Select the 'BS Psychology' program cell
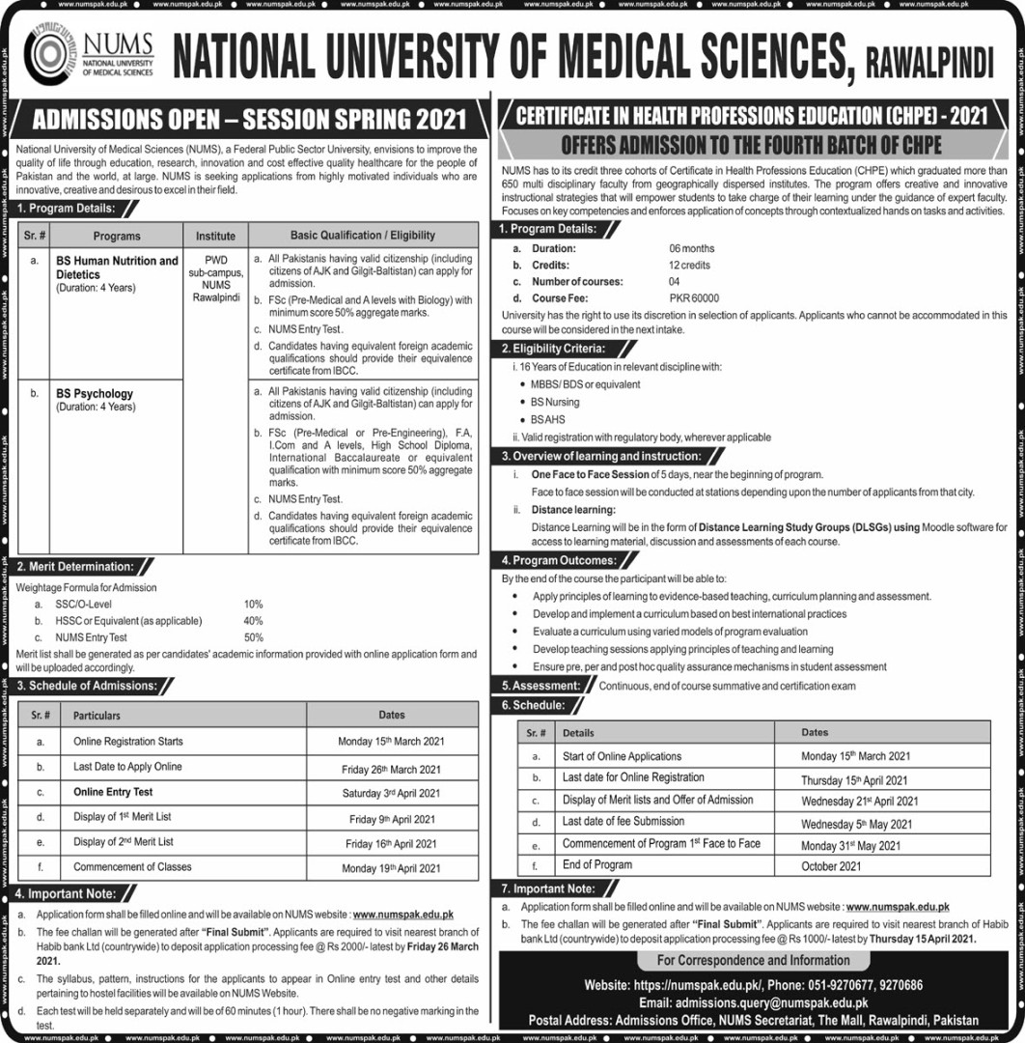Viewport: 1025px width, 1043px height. [95, 394]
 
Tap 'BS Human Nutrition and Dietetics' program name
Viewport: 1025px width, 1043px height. [116, 267]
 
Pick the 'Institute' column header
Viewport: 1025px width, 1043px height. [215, 235]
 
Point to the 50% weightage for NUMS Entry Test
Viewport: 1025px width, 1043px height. [254, 637]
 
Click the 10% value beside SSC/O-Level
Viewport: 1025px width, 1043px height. [254, 604]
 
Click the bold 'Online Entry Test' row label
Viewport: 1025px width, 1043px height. [113, 792]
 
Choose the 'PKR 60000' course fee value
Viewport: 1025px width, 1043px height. [695, 298]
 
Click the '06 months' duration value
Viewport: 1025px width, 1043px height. [690, 248]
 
